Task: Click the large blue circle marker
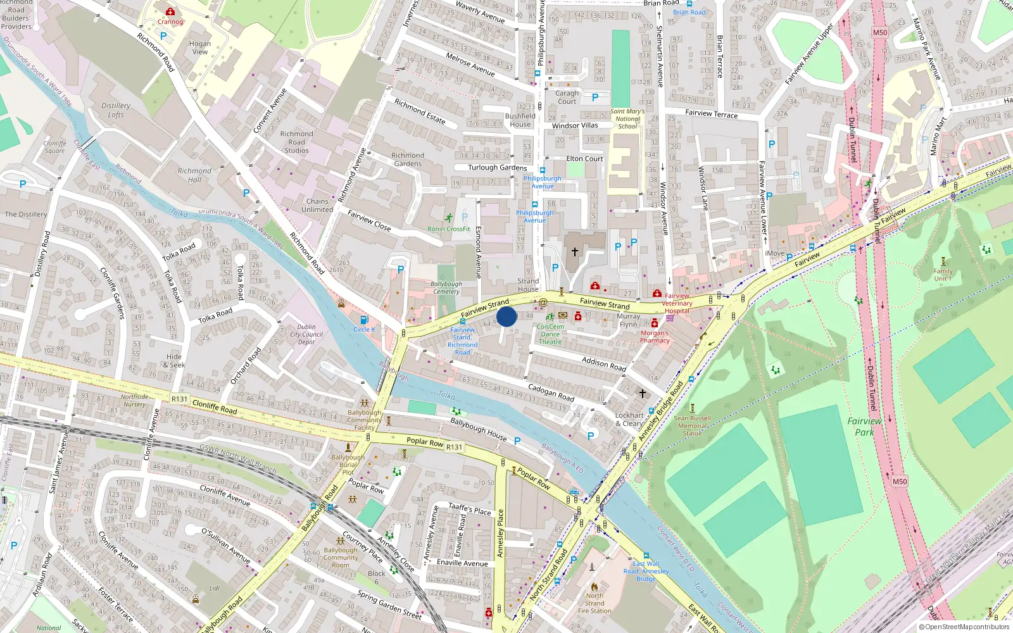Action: click(x=507, y=316)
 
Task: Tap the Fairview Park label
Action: click(x=864, y=427)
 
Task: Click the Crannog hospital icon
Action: click(x=170, y=12)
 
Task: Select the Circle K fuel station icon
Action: click(x=364, y=320)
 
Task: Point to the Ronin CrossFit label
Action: click(x=448, y=229)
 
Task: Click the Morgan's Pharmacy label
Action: click(x=655, y=337)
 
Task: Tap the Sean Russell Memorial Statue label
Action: click(x=692, y=425)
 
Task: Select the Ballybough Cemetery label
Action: click(x=446, y=288)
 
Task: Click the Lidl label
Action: click(x=215, y=588)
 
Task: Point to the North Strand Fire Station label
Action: click(x=595, y=603)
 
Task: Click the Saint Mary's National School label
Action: click(x=627, y=119)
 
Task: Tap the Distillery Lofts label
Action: click(x=116, y=110)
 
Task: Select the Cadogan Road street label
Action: click(x=551, y=392)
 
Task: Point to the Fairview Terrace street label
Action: click(x=711, y=113)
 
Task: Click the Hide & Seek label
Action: click(x=174, y=361)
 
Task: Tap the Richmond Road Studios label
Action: click(x=296, y=142)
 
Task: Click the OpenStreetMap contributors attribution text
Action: click(x=964, y=627)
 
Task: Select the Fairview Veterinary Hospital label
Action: click(x=677, y=303)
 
